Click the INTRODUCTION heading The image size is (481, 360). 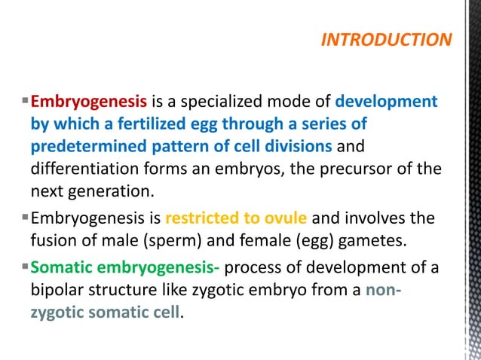point(386,40)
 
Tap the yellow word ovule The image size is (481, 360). point(286,219)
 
